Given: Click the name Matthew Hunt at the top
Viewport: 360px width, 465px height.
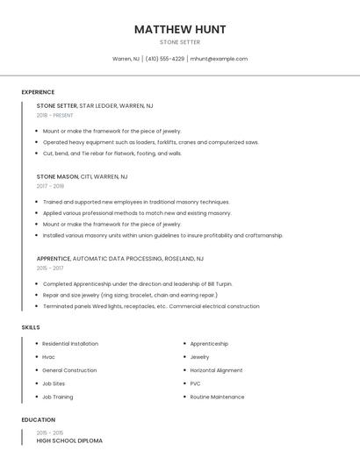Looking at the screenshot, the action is [180, 29].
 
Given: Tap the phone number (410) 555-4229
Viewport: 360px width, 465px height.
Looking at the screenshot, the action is [165, 59].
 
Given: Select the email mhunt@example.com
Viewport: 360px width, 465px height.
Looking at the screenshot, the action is [219, 59].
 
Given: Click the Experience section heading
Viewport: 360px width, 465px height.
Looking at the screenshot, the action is [38, 92].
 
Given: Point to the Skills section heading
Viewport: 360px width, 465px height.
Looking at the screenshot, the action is [31, 327].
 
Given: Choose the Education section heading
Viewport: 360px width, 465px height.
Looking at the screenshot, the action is [37, 420].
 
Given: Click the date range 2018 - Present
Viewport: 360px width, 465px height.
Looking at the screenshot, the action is [55, 115].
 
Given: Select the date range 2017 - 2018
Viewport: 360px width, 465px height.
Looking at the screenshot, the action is [50, 186].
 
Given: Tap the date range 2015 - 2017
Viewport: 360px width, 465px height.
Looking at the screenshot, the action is [50, 268].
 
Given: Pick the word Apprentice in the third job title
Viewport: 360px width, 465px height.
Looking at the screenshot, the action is [54, 259].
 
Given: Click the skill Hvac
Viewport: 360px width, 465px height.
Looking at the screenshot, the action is [48, 357].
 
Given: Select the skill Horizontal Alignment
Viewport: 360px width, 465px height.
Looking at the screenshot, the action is [215, 370].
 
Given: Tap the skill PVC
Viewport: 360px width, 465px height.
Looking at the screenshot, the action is [196, 383].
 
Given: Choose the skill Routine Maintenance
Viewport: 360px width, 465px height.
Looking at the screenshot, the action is [217, 397].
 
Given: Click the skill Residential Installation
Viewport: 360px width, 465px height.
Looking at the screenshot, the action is [70, 344].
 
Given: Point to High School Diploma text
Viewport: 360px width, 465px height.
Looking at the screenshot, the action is [69, 440].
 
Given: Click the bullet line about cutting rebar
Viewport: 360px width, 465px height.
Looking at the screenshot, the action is [112, 153].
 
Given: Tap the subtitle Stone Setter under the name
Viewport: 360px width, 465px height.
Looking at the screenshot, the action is [180, 42].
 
